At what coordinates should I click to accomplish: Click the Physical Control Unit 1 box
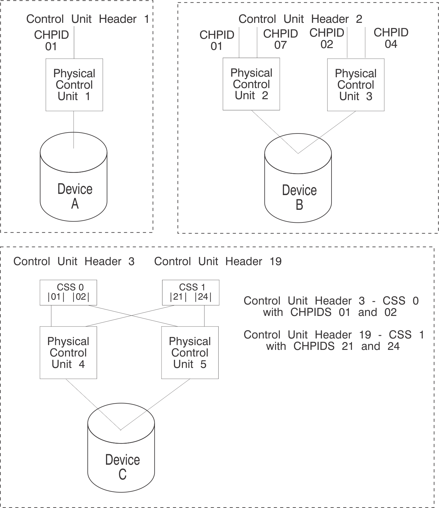tap(74, 85)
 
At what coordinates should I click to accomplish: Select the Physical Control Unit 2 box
tap(251, 84)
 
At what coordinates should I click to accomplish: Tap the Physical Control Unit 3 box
tap(356, 85)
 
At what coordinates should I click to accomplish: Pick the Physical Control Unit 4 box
tap(68, 353)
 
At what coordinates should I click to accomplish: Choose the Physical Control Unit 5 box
tap(190, 353)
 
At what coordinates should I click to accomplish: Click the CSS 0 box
tap(68, 292)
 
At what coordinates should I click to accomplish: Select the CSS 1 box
tap(191, 292)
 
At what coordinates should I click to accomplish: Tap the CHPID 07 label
tap(280, 39)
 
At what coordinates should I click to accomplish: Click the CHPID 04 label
tap(391, 38)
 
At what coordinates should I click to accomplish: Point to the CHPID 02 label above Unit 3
tap(327, 38)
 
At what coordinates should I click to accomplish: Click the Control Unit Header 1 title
tap(87, 19)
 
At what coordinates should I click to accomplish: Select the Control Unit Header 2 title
tap(300, 19)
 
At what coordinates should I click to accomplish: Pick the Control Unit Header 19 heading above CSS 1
tap(218, 262)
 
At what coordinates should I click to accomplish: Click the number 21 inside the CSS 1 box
tap(178, 297)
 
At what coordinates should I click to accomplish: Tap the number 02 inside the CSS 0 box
tap(81, 297)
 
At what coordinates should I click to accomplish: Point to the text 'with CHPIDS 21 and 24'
tap(333, 346)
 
